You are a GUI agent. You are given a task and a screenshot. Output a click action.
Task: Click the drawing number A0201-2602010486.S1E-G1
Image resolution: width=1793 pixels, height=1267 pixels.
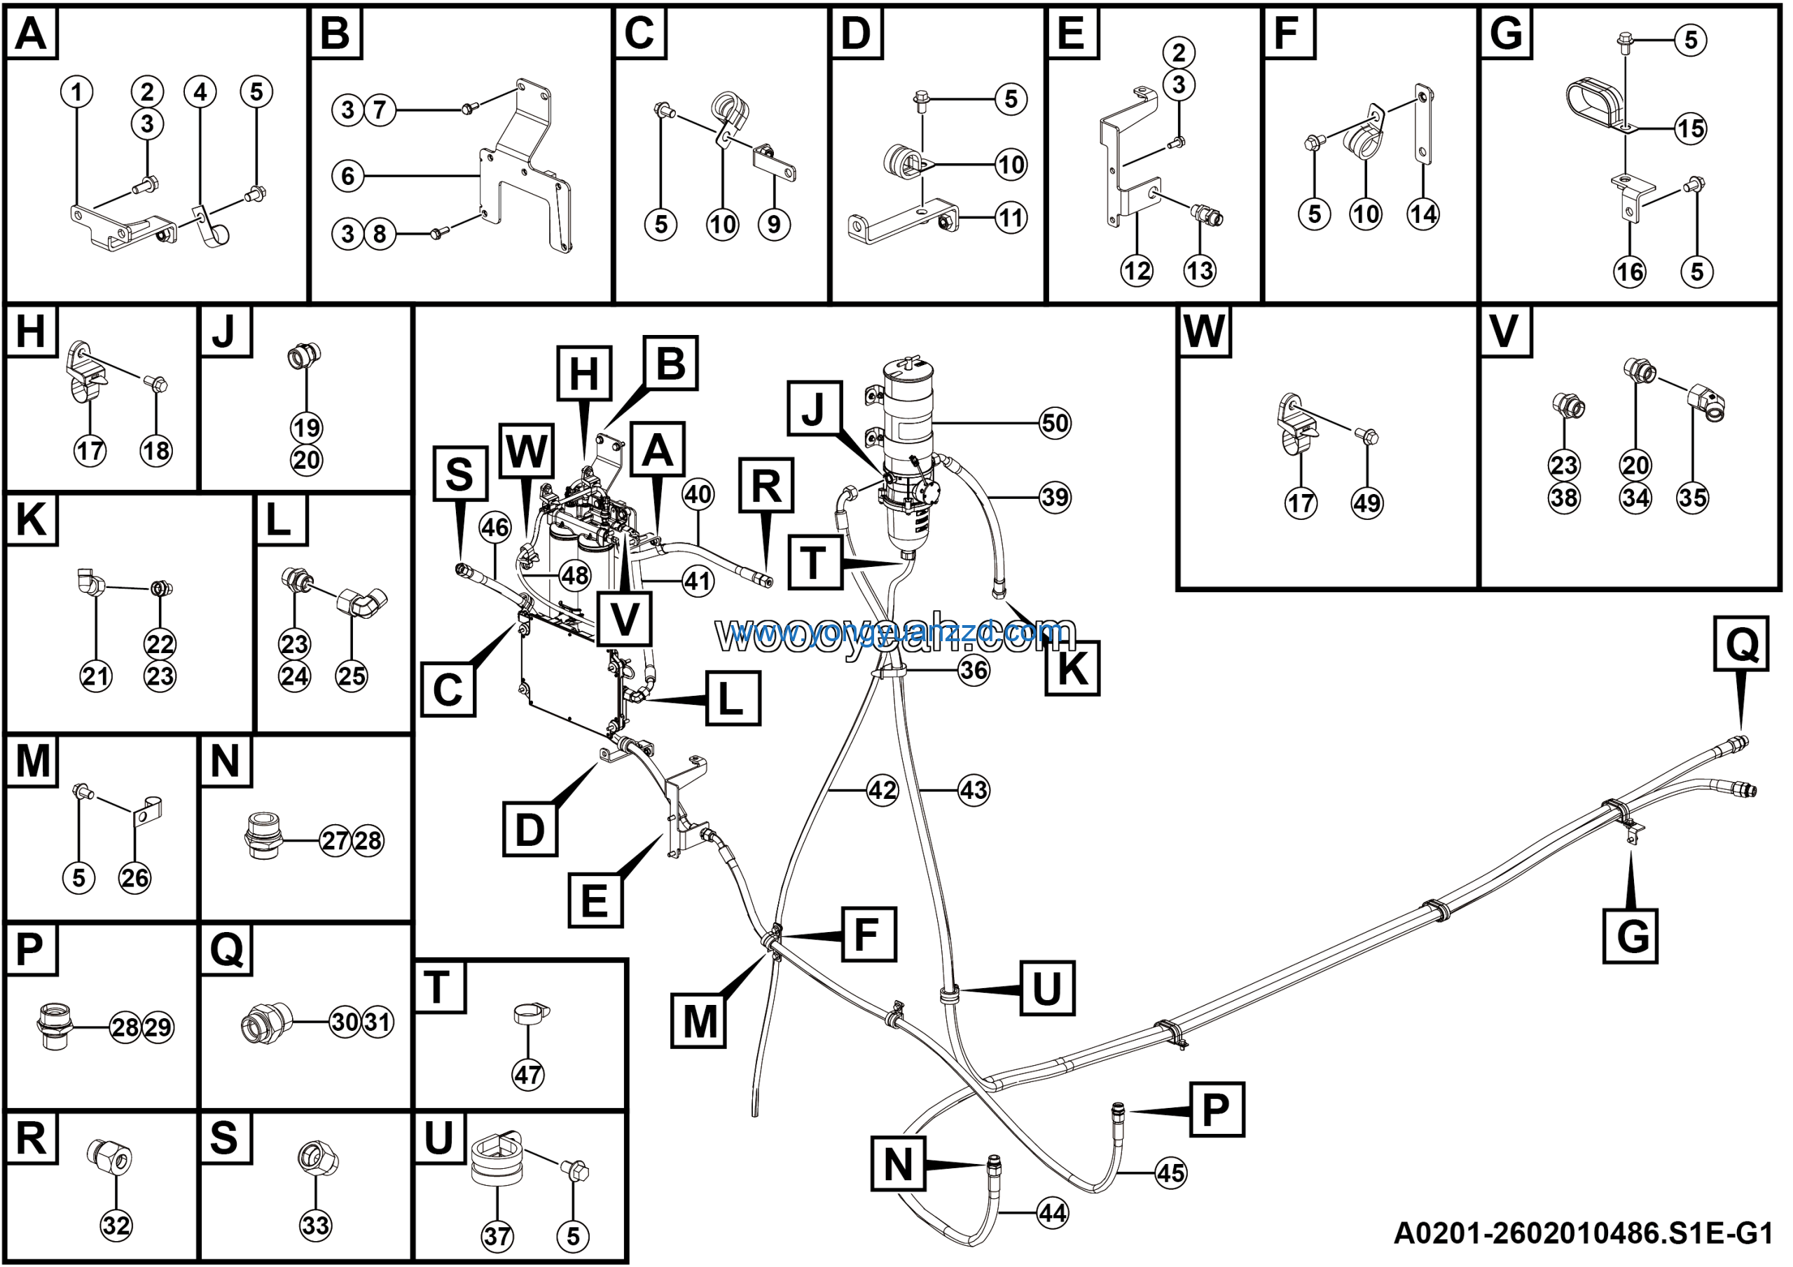[1584, 1234]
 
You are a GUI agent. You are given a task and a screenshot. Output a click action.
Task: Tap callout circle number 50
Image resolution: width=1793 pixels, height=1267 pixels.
[1055, 423]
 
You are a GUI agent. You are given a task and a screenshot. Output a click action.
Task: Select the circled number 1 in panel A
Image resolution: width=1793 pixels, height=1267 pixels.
[76, 93]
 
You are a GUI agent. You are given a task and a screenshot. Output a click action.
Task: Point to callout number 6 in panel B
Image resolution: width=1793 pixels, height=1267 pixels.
[348, 176]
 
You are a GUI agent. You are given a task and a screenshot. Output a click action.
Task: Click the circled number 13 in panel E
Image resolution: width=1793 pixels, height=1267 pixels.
[1200, 270]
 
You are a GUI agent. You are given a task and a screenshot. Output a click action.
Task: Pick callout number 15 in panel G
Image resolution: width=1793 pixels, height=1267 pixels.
[1691, 128]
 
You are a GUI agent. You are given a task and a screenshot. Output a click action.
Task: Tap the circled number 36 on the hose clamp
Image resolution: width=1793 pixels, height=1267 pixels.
[974, 670]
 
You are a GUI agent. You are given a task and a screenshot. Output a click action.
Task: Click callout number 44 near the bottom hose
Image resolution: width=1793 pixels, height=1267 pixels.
[1053, 1213]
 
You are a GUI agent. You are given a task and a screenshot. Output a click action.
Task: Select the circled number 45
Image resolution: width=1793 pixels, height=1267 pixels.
[1170, 1172]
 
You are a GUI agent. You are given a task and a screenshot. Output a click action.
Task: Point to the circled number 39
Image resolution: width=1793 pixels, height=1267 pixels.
[1055, 497]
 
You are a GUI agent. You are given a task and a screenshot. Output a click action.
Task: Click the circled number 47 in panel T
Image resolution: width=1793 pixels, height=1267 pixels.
[528, 1075]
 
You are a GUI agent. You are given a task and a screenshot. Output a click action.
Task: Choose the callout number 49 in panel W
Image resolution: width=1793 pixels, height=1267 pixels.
[1367, 503]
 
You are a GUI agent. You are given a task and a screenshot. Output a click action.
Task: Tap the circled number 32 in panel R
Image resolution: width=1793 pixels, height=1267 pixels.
[116, 1226]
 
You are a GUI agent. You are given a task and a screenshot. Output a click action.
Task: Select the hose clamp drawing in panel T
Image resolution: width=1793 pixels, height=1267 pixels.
[531, 1015]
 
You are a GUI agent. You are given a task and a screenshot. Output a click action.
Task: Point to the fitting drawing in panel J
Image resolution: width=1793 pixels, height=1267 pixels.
[305, 356]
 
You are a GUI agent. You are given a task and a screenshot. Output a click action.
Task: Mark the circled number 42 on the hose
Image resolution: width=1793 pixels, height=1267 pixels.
[882, 790]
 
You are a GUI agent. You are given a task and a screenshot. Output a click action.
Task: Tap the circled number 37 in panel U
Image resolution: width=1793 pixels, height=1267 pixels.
[497, 1237]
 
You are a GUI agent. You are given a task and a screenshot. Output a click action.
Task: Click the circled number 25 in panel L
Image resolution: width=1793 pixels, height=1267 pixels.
[352, 676]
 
